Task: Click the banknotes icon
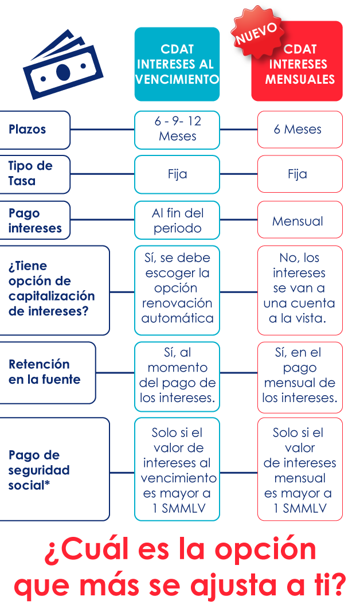pos(62,65)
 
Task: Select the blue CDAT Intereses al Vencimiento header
pos(177,64)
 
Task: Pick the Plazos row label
pos(28,130)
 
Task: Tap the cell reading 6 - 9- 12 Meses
pos(177,130)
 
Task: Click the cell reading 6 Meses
pos(300,130)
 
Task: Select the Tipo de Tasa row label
pos(30,174)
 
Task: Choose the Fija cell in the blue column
pos(177,174)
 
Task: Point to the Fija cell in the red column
pos(300,174)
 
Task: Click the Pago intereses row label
pos(35,220)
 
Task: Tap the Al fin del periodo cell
pos(177,220)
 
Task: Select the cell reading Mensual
pos(300,220)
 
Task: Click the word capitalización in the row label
pos(52,297)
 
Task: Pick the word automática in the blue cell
pos(178,318)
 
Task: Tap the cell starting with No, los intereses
pos(300,290)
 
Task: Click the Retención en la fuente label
pos(45,372)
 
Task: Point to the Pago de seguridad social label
pos(39,470)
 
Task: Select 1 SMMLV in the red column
pos(300,508)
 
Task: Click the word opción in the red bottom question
pos(265,550)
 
